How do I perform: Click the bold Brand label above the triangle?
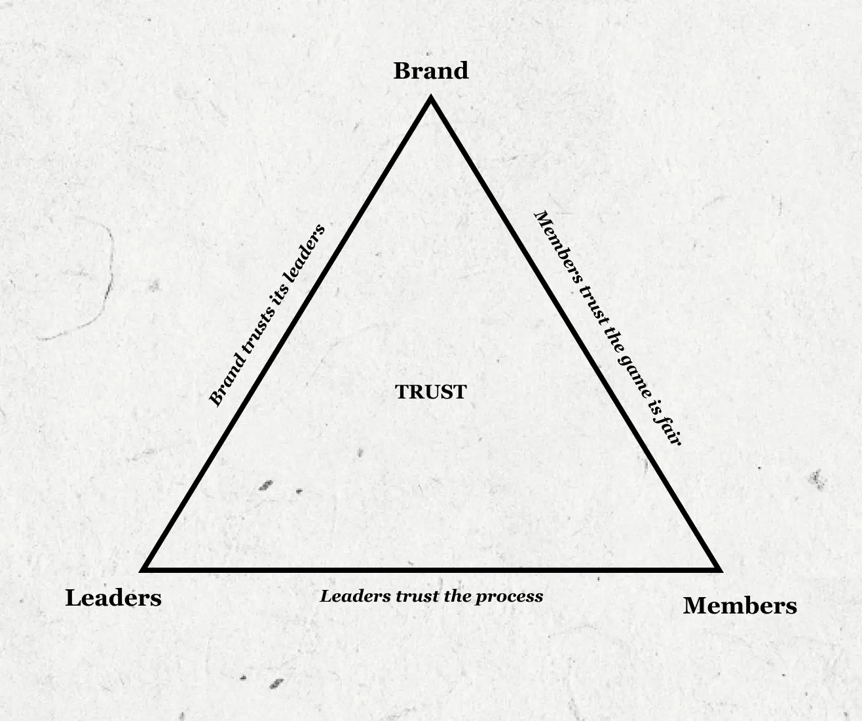[430, 71]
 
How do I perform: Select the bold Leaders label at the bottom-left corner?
[113, 598]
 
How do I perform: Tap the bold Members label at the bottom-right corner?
[740, 606]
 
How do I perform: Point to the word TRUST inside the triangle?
[430, 392]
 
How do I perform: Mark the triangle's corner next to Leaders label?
[145, 569]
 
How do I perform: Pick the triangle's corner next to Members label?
[719, 569]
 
